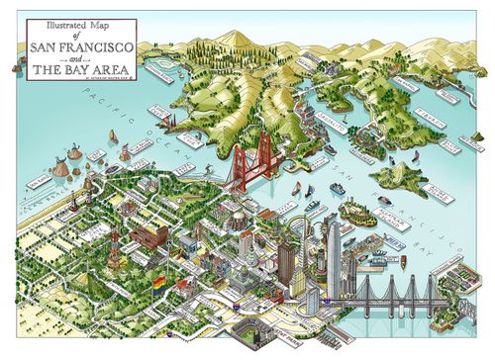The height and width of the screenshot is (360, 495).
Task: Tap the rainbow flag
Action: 157,284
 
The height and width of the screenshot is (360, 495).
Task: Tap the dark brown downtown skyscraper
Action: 286,261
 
